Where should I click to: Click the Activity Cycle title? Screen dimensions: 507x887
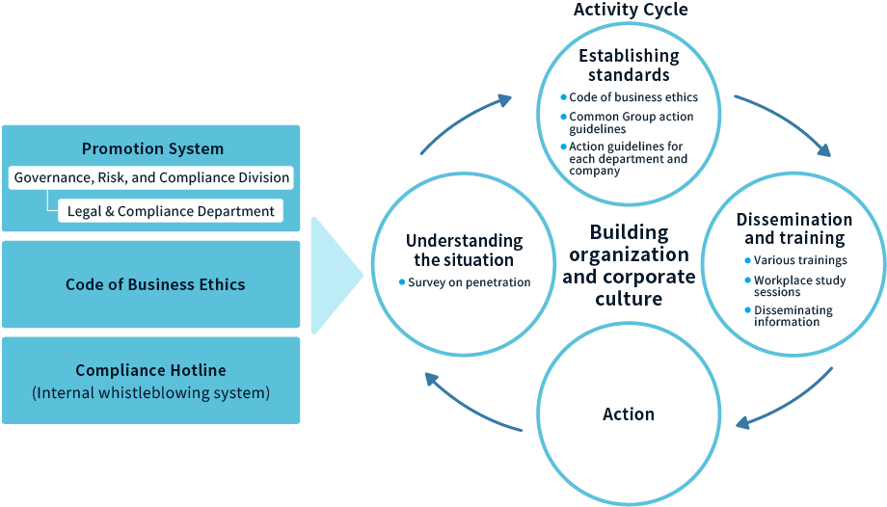click(631, 10)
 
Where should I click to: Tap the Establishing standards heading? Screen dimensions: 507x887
click(629, 65)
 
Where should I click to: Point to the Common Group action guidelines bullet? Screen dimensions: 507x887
click(632, 122)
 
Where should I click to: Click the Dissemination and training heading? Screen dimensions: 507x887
click(794, 228)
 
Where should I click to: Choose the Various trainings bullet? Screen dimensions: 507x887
click(800, 260)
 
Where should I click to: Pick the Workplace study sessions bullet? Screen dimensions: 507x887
click(799, 285)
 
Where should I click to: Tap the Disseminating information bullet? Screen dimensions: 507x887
click(793, 316)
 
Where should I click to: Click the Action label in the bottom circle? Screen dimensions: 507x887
click(629, 414)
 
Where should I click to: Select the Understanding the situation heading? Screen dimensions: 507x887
click(464, 250)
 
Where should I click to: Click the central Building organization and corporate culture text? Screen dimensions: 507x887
click(629, 265)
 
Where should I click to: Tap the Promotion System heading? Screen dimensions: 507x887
click(152, 148)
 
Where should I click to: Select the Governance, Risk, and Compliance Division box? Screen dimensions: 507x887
click(151, 177)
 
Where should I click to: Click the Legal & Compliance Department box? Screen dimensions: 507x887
click(171, 211)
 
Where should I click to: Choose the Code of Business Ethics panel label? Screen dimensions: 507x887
click(155, 284)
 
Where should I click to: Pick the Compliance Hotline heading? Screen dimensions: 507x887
click(150, 370)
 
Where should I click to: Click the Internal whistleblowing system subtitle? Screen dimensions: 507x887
click(150, 393)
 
